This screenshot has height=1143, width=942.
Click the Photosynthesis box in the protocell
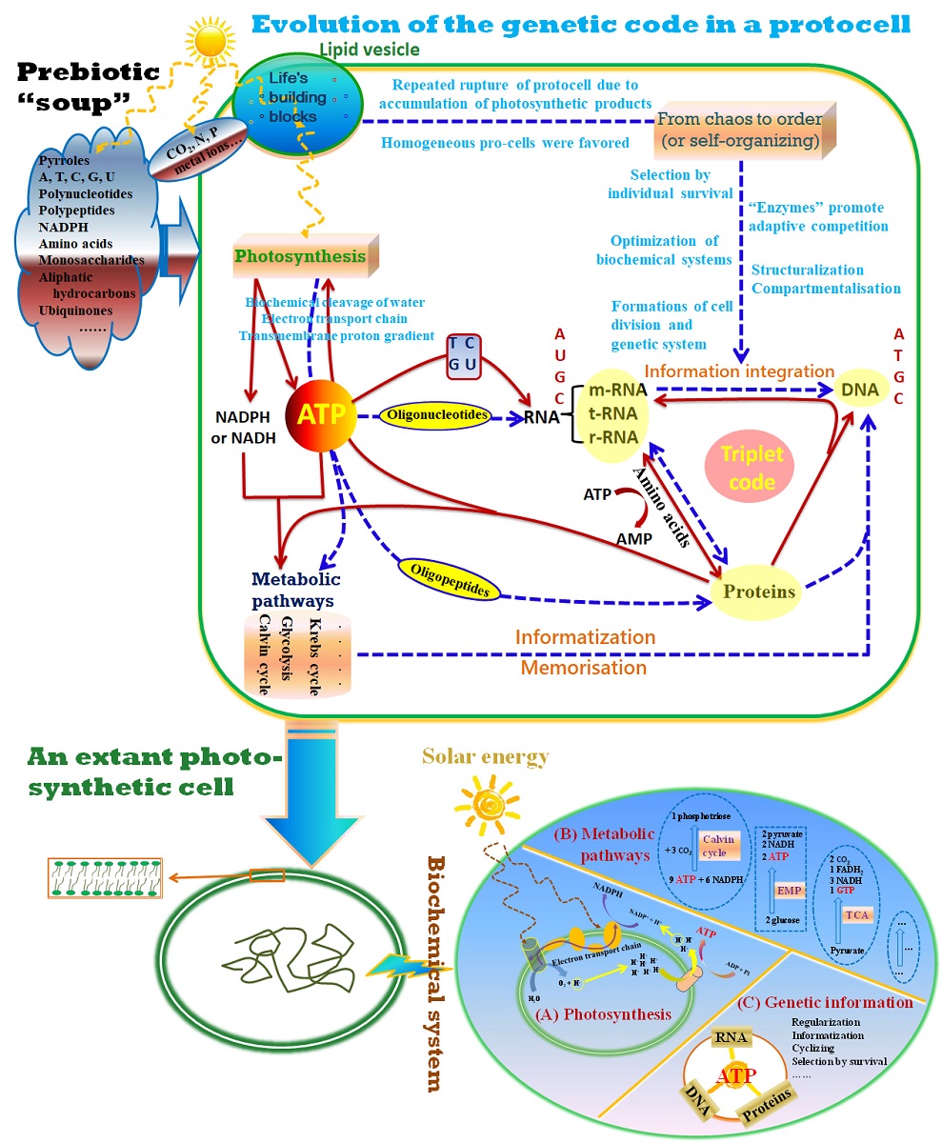pyautogui.click(x=300, y=256)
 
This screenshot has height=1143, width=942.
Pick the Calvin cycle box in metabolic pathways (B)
pyautogui.click(x=714, y=845)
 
